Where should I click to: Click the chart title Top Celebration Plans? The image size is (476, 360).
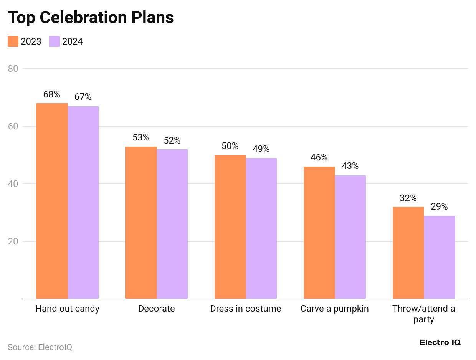tap(91, 17)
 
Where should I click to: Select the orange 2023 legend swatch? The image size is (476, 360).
tap(13, 41)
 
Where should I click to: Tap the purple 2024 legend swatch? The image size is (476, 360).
tap(55, 41)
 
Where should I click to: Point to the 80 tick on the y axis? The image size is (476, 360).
tap(13, 69)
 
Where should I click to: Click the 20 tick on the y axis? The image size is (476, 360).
tap(13, 241)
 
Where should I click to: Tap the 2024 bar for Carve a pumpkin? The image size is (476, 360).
tap(350, 237)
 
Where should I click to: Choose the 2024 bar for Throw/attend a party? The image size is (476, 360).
tap(439, 257)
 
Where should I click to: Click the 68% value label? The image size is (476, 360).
tap(52, 94)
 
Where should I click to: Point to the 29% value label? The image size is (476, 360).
tap(439, 206)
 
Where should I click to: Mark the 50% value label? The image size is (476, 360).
tap(230, 146)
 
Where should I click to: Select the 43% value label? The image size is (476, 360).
tap(350, 166)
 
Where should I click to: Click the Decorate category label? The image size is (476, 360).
tap(156, 309)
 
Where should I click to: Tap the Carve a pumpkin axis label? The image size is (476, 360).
tap(334, 309)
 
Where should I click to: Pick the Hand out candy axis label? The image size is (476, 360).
tap(67, 309)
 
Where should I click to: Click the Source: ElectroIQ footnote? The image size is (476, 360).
tap(40, 347)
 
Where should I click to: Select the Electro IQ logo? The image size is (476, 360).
tap(440, 342)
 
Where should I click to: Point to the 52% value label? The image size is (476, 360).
tap(172, 140)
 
